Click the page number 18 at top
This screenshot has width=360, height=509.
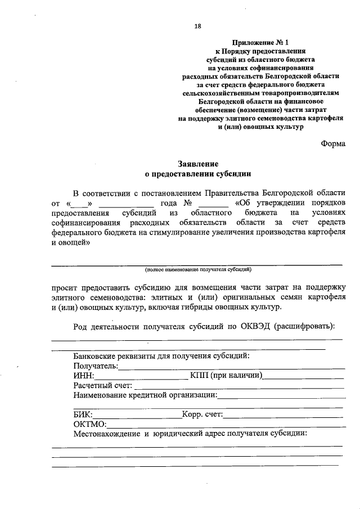(x=197, y=26)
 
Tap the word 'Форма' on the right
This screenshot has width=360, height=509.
(x=333, y=143)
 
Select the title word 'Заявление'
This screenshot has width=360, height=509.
(x=198, y=164)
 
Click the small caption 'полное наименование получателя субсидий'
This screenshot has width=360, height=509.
(x=197, y=269)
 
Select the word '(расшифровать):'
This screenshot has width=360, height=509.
(x=308, y=327)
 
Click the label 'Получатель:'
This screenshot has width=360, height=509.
(x=96, y=366)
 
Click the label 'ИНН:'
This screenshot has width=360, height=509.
(x=84, y=376)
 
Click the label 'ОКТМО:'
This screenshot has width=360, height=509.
(x=89, y=424)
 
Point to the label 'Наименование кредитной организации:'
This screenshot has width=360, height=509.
(x=145, y=395)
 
